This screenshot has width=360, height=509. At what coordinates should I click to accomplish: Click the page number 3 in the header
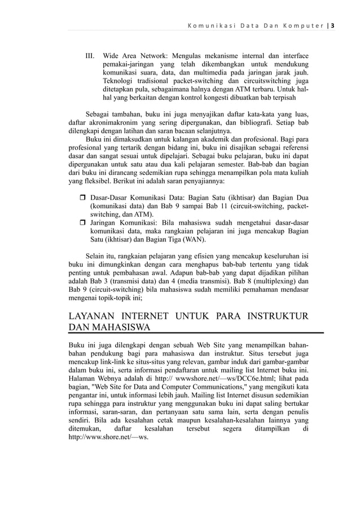point(332,25)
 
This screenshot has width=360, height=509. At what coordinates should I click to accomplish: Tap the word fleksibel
point(94,182)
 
